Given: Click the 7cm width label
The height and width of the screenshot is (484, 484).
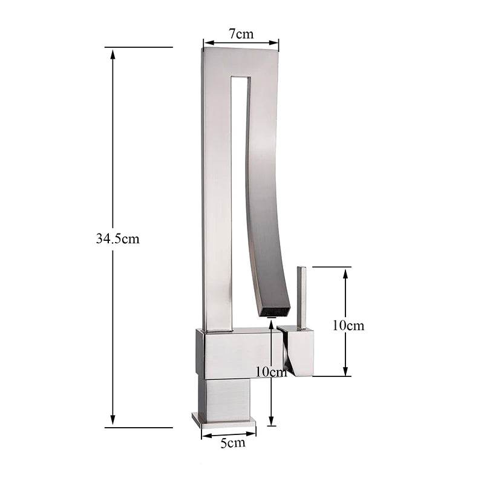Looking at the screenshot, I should pos(241,34).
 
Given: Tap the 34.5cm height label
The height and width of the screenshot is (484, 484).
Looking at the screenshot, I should pos(117,238).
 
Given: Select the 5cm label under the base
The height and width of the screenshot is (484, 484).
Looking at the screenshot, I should pos(233,443).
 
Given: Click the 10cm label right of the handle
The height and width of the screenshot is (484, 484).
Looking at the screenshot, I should pos(348,325).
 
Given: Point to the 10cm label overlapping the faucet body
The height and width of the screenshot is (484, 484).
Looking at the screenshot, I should pos(270,372).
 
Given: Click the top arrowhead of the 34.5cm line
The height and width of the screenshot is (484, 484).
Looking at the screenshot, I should pos(113,54).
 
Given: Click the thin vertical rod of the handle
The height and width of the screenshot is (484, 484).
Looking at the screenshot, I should pos(301,296).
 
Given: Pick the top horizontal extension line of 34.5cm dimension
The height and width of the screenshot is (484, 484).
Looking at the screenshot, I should pos(139,47).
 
